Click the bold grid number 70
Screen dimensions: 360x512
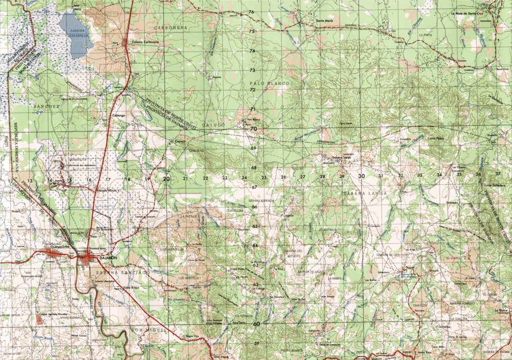point(253,129)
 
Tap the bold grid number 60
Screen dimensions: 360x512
point(257,323)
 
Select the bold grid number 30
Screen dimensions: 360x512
point(361,176)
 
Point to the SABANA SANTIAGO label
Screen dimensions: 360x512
point(121,272)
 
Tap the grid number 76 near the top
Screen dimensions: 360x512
point(252,12)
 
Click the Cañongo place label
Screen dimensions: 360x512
point(118,115)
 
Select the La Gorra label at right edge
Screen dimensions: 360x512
point(501,309)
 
